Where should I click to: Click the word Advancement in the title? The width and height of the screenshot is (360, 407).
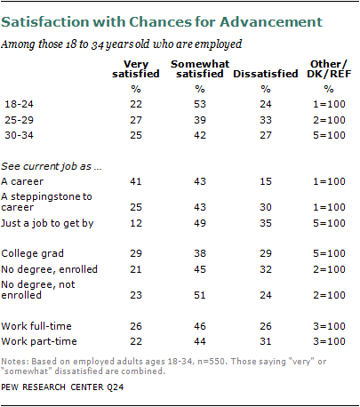point(271,22)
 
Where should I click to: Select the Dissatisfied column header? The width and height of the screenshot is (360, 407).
point(266,74)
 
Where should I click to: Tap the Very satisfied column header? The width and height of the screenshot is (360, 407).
point(136,68)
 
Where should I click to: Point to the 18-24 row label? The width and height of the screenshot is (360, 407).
point(19,104)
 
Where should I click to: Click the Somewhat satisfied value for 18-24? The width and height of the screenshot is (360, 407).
point(200,104)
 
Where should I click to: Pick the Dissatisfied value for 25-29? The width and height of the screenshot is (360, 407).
point(266,120)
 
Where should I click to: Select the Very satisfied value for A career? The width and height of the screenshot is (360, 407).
point(136,181)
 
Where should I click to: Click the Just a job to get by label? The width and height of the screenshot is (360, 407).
point(47,223)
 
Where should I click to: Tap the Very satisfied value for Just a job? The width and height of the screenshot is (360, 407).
point(136,223)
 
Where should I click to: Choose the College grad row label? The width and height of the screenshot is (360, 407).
point(32,253)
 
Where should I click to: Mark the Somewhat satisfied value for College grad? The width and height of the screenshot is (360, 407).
point(200,253)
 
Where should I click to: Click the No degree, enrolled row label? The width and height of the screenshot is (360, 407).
point(49,269)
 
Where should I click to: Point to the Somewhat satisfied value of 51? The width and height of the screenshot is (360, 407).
point(200,295)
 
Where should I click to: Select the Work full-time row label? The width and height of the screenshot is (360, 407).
point(36,326)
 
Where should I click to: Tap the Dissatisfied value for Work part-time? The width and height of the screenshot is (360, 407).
point(266,341)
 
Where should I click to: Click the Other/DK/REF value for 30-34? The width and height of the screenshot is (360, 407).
point(329,135)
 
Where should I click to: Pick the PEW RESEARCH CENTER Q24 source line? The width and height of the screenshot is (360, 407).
point(62,387)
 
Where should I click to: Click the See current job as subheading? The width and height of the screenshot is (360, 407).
point(52,166)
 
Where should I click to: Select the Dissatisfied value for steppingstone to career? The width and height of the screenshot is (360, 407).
point(266,207)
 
